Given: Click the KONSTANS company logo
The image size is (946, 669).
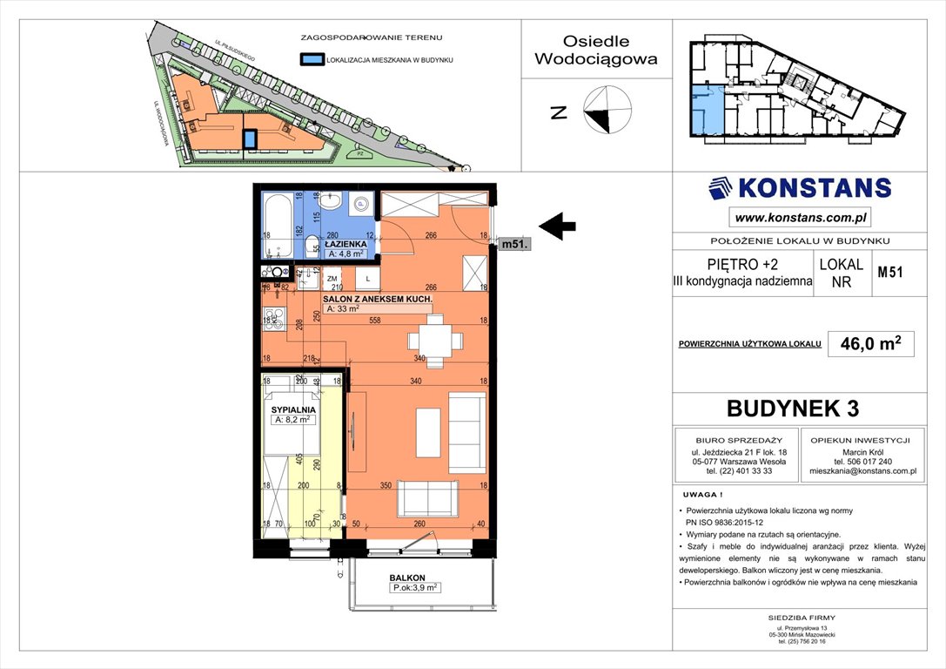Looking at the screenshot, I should pos(800,188).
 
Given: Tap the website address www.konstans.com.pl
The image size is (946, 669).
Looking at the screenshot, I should pos(800,218).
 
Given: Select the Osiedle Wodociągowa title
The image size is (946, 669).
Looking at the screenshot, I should pos(596,51).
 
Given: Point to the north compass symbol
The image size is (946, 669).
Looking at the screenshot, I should pos(608,111).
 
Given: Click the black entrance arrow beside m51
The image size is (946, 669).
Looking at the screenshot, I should pos(558,227).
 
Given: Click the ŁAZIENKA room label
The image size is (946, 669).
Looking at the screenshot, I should pos(346,245).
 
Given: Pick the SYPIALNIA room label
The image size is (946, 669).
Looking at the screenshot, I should pos(292,408).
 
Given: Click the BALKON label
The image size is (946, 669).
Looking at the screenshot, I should pos(406,578).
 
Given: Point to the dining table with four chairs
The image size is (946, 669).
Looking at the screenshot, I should pos(433,337).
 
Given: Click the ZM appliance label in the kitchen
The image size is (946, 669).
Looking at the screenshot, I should pos(332,279).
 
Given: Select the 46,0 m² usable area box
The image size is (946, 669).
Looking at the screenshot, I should pos(870,344).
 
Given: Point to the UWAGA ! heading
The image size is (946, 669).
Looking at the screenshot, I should pos(702,494).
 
